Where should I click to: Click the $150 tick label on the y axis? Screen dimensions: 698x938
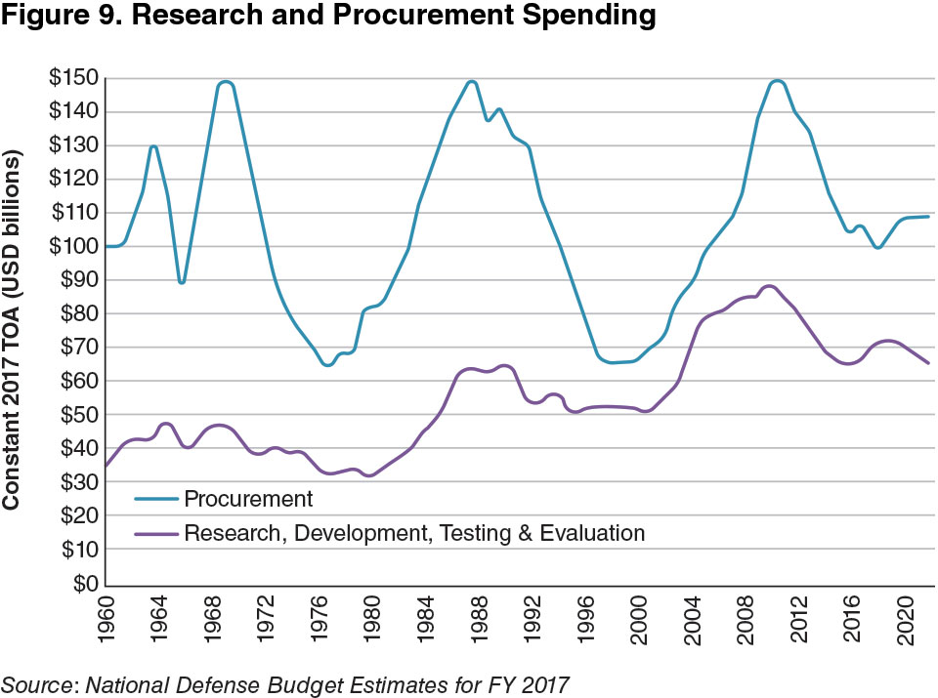tap(75, 78)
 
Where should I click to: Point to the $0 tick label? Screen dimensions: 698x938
tap(85, 583)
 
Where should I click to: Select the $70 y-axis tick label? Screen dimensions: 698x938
tap(79, 348)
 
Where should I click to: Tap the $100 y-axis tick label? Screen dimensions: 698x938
tap(75, 246)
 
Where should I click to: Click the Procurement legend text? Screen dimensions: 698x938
tap(248, 499)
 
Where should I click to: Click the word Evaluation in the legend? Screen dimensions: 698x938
tap(597, 533)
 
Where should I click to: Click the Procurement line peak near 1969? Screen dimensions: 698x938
tap(226, 82)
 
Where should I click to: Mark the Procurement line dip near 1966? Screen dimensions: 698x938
tap(182, 282)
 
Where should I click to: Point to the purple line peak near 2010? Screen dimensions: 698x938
tap(769, 286)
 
